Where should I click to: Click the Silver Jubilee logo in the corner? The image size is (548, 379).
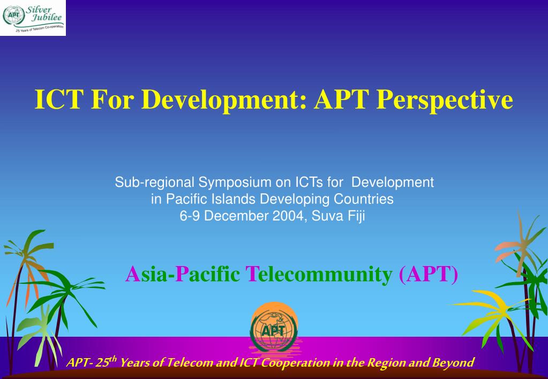[33, 18]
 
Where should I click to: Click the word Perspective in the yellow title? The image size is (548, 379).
[445, 100]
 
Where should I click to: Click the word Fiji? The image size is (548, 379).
[356, 216]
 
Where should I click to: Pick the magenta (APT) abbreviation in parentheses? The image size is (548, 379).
[429, 274]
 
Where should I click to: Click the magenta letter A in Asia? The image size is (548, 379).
[133, 274]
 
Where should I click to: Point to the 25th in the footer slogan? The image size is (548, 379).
[106, 362]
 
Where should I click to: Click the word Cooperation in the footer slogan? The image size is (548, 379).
[296, 363]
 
